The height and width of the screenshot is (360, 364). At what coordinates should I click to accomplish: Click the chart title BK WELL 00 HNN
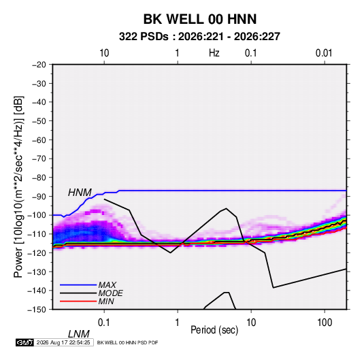pyautogui.click(x=200, y=19)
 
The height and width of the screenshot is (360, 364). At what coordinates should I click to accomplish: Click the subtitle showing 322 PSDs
pyautogui.click(x=199, y=37)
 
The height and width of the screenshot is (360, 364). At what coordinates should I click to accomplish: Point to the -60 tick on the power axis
pyautogui.click(x=39, y=140)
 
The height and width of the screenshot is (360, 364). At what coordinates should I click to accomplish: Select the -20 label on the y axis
pyautogui.click(x=39, y=65)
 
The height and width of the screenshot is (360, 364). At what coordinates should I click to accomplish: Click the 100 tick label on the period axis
pyautogui.click(x=325, y=323)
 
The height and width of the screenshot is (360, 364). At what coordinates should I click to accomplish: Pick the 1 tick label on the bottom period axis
pyautogui.click(x=178, y=323)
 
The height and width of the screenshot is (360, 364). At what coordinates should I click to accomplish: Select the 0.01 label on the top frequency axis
pyautogui.click(x=324, y=53)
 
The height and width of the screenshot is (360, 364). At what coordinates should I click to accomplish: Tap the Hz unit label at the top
pyautogui.click(x=214, y=53)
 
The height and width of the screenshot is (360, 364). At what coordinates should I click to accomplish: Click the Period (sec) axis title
pyautogui.click(x=214, y=330)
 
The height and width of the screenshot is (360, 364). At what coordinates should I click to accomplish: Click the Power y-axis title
pyautogui.click(x=18, y=187)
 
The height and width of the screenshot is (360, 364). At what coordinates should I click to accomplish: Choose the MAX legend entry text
pyautogui.click(x=107, y=284)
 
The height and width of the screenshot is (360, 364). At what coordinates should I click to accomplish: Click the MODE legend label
pyautogui.click(x=110, y=293)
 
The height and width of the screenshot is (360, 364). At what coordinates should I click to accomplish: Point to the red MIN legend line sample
pyautogui.click(x=78, y=301)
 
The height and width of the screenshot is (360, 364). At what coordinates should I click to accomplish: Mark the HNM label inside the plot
pyautogui.click(x=80, y=193)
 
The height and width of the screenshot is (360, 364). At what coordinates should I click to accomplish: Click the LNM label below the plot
pyautogui.click(x=78, y=334)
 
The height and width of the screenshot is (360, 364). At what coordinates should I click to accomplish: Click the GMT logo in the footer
pyautogui.click(x=25, y=342)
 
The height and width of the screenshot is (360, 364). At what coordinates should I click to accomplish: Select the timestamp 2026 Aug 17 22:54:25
pyautogui.click(x=63, y=342)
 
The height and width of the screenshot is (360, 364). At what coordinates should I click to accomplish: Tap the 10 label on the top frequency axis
pyautogui.click(x=104, y=53)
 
